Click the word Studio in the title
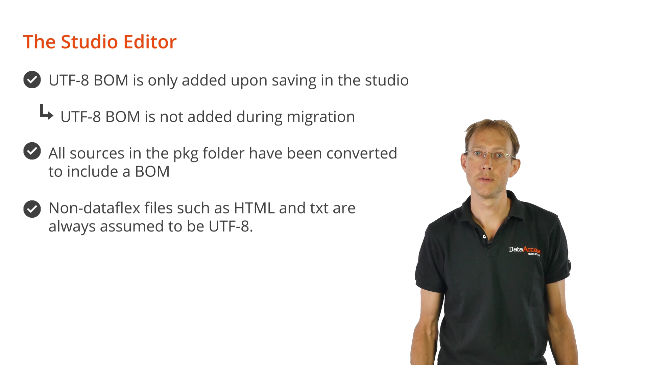click(x=89, y=42)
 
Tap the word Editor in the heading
click(x=150, y=42)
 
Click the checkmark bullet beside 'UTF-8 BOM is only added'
click(x=32, y=80)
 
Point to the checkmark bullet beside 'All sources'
click(x=32, y=151)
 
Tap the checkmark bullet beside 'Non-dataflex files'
click(x=32, y=209)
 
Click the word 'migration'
click(x=321, y=117)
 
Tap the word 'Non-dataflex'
click(x=94, y=208)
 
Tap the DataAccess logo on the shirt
click(x=525, y=250)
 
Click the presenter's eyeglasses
click(x=489, y=155)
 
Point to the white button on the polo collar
click(x=484, y=237)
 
